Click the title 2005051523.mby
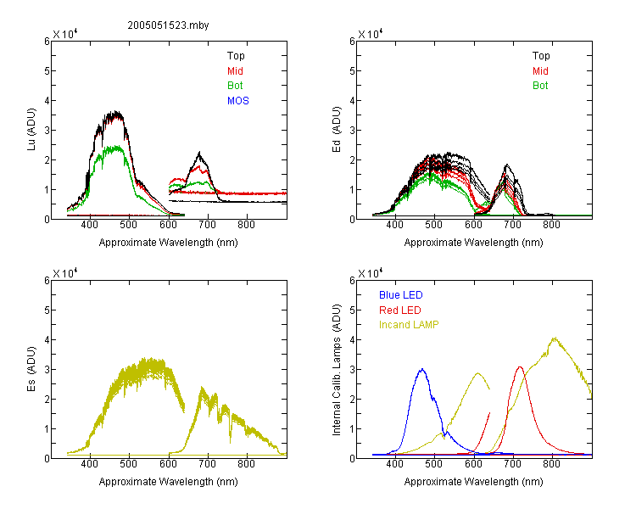point(168,25)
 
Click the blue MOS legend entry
point(238,101)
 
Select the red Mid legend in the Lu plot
point(235,71)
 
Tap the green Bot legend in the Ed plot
point(540,86)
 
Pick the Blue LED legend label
point(401,295)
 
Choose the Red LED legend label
point(400,310)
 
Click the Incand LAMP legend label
point(409,325)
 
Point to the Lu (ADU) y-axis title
point(31,130)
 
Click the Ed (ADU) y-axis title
point(337,130)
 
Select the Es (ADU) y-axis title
point(31,369)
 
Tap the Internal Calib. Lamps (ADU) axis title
point(337,369)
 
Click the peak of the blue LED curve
point(422,369)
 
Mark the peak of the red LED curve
point(520,367)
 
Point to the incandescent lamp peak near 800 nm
point(554,338)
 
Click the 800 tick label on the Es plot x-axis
point(246,464)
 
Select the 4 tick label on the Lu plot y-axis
point(47,100)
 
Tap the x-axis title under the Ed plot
point(473,243)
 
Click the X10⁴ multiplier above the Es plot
point(65,273)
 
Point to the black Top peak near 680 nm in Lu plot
point(199,152)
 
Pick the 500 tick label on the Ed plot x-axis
point(433,225)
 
